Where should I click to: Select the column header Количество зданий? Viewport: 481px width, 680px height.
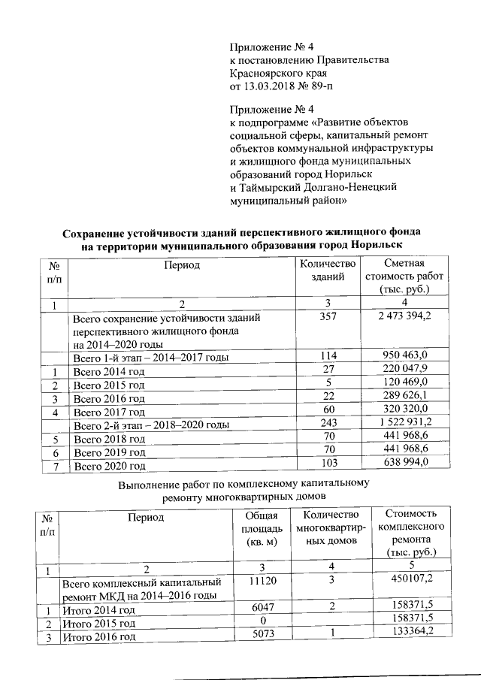coord(326,270)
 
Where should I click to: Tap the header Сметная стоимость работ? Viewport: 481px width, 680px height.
coord(404,276)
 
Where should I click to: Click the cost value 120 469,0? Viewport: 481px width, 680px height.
coord(404,384)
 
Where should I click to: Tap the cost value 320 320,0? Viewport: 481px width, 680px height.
coord(404,411)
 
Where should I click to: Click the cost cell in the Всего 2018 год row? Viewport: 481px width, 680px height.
coord(404,438)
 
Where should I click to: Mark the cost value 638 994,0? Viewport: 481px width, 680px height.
coord(404,464)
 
